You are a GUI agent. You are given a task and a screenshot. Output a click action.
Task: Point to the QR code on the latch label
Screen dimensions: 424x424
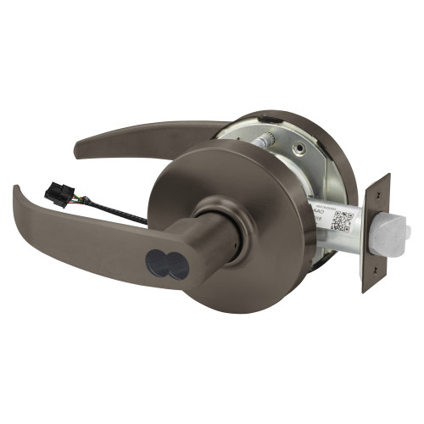[x=343, y=219]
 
